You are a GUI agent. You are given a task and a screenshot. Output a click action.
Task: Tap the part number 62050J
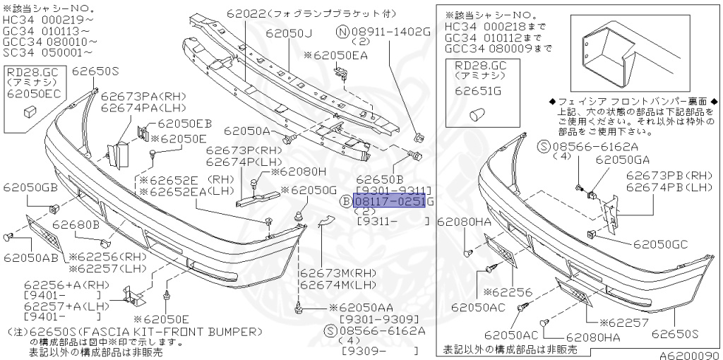[289, 32]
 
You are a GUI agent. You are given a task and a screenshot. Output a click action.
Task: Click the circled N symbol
[342, 32]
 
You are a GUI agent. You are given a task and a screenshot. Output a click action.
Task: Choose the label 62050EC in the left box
[31, 92]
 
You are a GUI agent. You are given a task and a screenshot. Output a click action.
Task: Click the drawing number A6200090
[690, 354]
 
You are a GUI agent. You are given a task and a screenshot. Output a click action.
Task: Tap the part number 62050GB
[30, 187]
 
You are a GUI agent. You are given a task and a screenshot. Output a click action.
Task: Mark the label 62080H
[298, 171]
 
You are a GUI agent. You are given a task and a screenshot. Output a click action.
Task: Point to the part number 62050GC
[660, 244]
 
